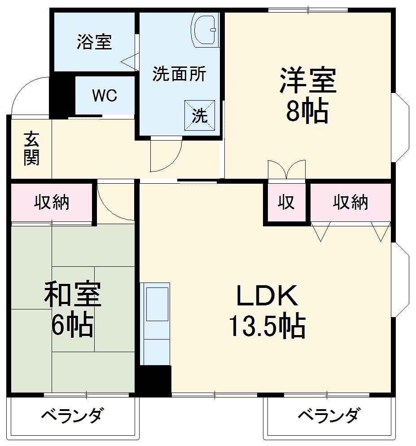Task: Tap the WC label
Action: [x=105, y=96]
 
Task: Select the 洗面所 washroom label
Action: [x=179, y=74]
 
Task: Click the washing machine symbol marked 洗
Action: [x=200, y=115]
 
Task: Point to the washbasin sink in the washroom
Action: [x=205, y=29]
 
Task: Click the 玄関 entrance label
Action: [x=31, y=149]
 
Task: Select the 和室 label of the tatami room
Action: [x=72, y=294]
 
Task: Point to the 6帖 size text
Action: [x=72, y=325]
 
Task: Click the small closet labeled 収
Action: [x=286, y=203]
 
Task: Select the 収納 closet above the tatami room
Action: [x=52, y=203]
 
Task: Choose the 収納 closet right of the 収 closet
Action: [x=350, y=203]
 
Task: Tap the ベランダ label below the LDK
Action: [x=329, y=415]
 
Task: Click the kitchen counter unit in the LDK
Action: [x=155, y=323]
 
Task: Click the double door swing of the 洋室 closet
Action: [x=286, y=170]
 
